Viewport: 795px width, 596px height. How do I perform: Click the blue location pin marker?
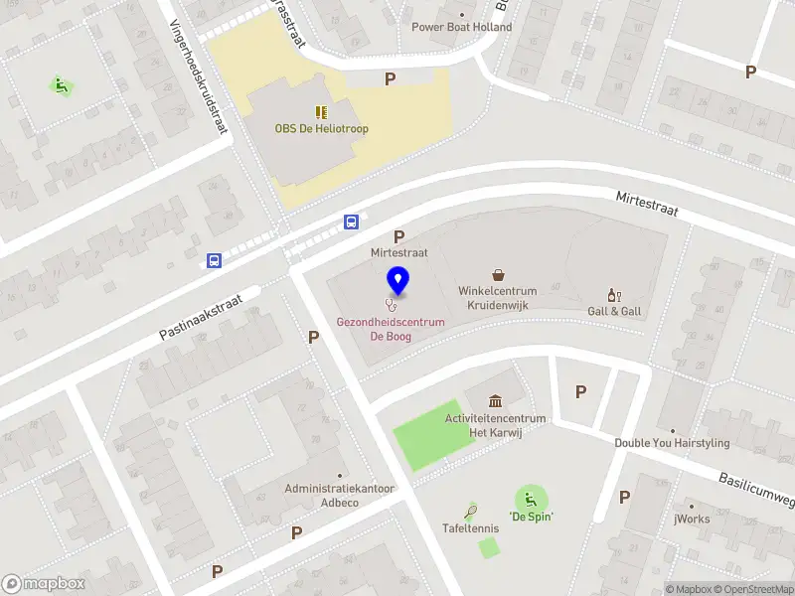pyautogui.click(x=397, y=281)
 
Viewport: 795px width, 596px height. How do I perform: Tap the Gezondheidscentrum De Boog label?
pyautogui.click(x=390, y=329)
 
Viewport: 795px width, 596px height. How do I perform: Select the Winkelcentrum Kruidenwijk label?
pyautogui.click(x=497, y=298)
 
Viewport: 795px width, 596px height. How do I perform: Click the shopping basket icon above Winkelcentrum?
pyautogui.click(x=498, y=274)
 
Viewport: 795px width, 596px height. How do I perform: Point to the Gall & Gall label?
pyautogui.click(x=614, y=311)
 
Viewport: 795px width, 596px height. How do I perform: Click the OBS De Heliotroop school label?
pyautogui.click(x=320, y=128)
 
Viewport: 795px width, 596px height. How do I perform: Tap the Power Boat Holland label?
pyautogui.click(x=462, y=27)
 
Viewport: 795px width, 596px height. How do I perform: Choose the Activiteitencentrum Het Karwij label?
pyautogui.click(x=495, y=425)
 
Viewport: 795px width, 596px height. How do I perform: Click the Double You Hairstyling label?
pyautogui.click(x=672, y=443)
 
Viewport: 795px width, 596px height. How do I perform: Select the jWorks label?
pyautogui.click(x=692, y=519)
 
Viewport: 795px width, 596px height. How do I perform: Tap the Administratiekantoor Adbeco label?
pyautogui.click(x=340, y=496)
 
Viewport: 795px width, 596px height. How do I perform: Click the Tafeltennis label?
pyautogui.click(x=471, y=527)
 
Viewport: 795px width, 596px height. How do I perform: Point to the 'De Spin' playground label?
pyautogui.click(x=531, y=517)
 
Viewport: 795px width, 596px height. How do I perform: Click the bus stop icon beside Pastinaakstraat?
pyautogui.click(x=214, y=260)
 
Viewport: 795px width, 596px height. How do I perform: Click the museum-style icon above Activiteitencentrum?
pyautogui.click(x=495, y=400)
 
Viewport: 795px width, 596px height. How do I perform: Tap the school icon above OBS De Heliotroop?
pyautogui.click(x=320, y=112)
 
